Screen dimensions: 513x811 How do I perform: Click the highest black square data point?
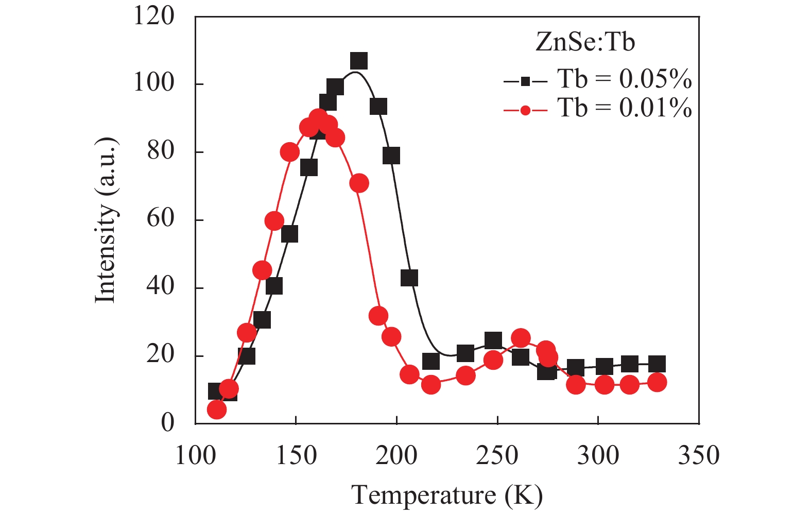[x=359, y=61]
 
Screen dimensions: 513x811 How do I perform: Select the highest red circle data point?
[x=319, y=118]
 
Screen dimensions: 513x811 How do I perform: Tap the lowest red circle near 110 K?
[x=217, y=409]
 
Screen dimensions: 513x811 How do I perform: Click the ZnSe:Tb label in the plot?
[x=585, y=42]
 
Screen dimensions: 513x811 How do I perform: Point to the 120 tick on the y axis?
[x=154, y=16]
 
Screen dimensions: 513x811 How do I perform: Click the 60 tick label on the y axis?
[x=161, y=219]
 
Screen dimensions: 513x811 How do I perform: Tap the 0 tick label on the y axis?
[x=168, y=423]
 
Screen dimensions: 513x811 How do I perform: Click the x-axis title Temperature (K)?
[x=447, y=495]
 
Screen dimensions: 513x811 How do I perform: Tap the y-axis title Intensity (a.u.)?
[x=106, y=220]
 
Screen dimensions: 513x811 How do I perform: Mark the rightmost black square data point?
[x=657, y=364]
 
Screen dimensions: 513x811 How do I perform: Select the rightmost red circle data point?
[x=657, y=383]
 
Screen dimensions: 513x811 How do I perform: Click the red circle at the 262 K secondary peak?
[x=521, y=338]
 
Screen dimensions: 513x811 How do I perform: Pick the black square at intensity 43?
[x=409, y=278]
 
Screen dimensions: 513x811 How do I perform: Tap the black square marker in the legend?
[x=525, y=81]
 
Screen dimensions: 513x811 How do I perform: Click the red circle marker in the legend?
[x=525, y=110]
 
